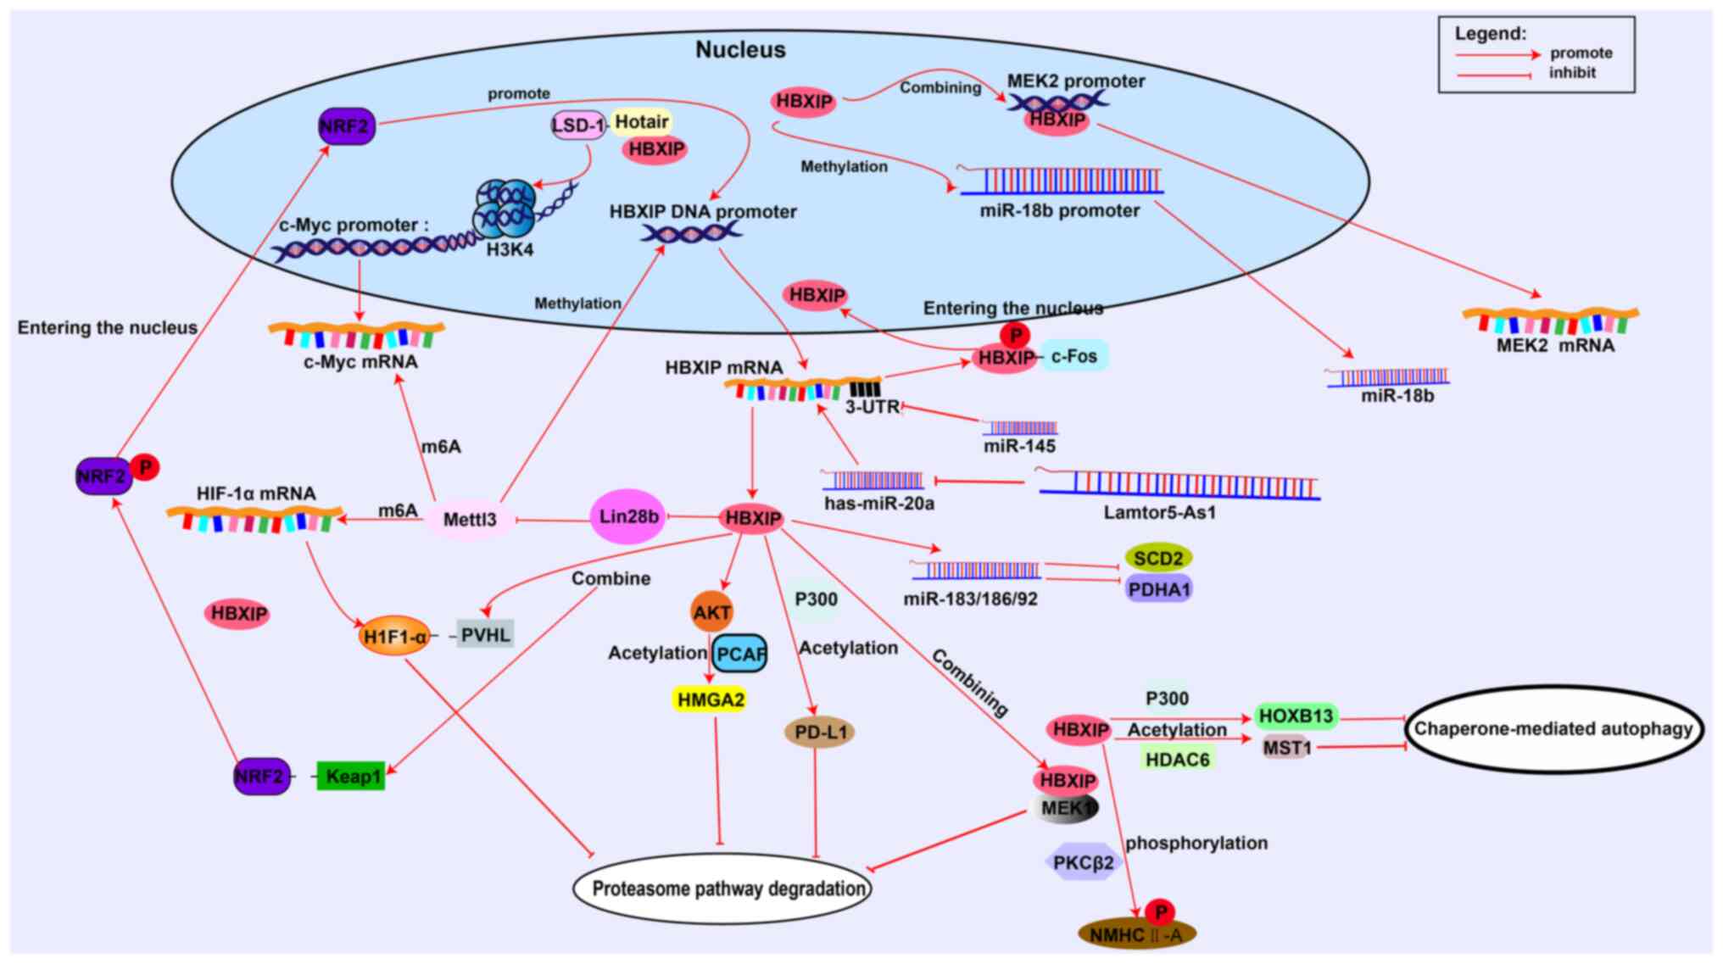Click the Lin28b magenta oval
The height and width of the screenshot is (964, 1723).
pyautogui.click(x=627, y=516)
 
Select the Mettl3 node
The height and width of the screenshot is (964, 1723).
pyautogui.click(x=470, y=519)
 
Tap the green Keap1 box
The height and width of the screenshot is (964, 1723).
pyautogui.click(x=351, y=776)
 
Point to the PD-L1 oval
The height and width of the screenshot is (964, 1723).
pyautogui.click(x=819, y=732)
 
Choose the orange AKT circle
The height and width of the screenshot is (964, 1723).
pyautogui.click(x=711, y=612)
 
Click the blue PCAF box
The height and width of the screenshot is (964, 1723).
pyautogui.click(x=740, y=654)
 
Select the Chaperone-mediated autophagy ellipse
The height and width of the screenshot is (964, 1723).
pyautogui.click(x=1553, y=729)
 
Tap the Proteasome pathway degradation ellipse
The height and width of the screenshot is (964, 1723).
pyautogui.click(x=723, y=889)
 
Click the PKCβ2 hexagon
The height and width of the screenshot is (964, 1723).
pyautogui.click(x=1084, y=862)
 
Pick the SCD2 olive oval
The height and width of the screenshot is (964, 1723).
pyautogui.click(x=1158, y=558)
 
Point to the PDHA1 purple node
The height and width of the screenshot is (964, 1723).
pyautogui.click(x=1159, y=588)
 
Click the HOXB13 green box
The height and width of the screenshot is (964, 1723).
pyautogui.click(x=1296, y=716)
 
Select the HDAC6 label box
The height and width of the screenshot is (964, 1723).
pyautogui.click(x=1177, y=759)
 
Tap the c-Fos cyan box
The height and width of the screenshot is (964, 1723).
pyautogui.click(x=1074, y=356)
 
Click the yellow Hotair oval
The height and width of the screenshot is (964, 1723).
pyautogui.click(x=641, y=122)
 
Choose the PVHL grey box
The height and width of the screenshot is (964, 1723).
pyautogui.click(x=485, y=634)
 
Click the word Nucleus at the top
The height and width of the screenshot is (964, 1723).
pyautogui.click(x=740, y=49)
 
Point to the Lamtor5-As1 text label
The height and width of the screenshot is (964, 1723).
pyautogui.click(x=1159, y=512)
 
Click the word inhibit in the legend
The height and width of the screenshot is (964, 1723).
pyautogui.click(x=1572, y=73)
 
